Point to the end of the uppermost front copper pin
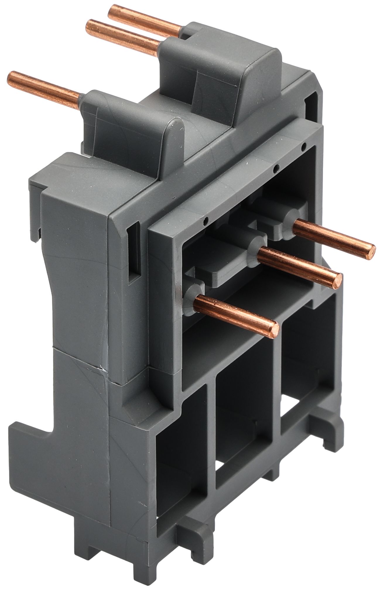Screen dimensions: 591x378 click(371, 251)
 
